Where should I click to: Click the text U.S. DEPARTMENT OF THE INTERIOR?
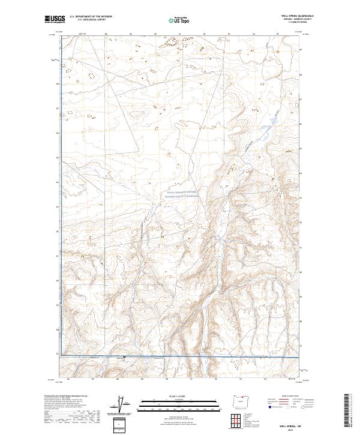[x=91, y=17]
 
